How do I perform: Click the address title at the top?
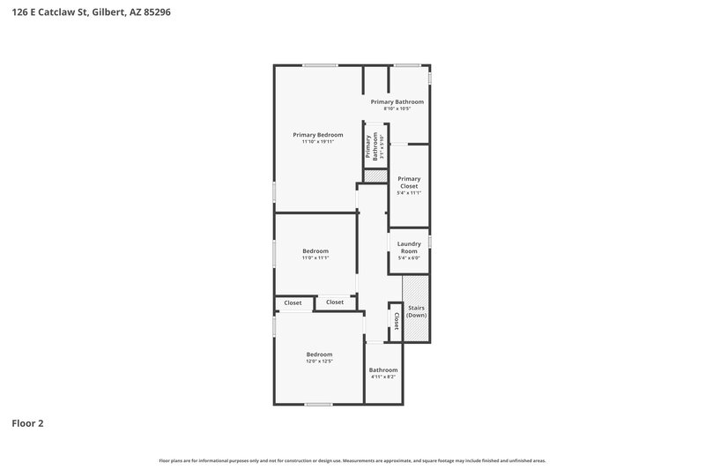tap(85, 12)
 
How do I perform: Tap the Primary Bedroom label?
tap(318, 135)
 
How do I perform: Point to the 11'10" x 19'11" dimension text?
tap(318, 142)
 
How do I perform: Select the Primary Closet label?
tap(409, 182)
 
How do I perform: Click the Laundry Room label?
tap(409, 247)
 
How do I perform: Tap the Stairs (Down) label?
tap(416, 311)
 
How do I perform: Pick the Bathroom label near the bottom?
tap(383, 369)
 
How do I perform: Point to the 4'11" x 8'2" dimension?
tap(383, 377)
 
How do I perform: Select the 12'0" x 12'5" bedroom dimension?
tap(319, 362)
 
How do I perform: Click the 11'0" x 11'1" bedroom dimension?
tap(315, 258)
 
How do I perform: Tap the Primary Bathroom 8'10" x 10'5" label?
tap(397, 105)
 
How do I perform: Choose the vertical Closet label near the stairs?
tap(396, 321)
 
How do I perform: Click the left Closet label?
tap(293, 302)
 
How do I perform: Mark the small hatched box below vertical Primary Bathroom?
tap(375, 175)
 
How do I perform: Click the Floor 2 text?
tap(27, 423)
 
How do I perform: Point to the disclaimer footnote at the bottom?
tap(352, 460)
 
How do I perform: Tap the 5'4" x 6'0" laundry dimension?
tap(409, 258)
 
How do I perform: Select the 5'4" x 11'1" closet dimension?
tap(409, 193)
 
